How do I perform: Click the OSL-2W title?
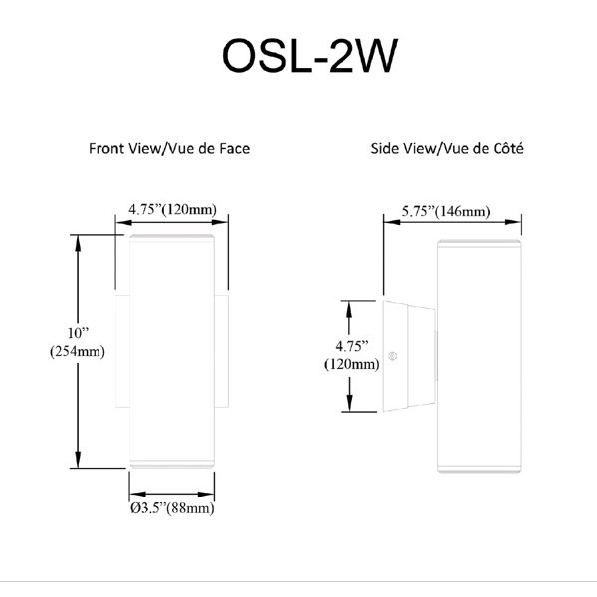pos(309,56)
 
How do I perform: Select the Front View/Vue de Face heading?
pos(169,148)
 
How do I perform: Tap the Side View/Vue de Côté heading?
pos(448,148)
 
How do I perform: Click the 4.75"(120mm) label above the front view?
pos(172,209)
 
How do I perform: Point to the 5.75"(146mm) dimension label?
pos(446,211)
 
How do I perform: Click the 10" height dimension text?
pos(78,333)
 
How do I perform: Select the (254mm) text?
pos(78,351)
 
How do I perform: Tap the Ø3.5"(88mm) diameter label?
pos(172,507)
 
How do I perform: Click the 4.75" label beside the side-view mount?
pos(352,346)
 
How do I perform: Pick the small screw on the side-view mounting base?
pos(393,356)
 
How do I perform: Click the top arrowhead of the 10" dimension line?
pos(78,243)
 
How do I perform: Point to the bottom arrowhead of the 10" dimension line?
pos(78,460)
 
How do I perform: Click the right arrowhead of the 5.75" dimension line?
pos(513,222)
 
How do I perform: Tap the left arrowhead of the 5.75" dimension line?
pos(392,222)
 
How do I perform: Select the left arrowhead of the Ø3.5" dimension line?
pos(137,494)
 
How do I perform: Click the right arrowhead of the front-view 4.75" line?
pos(220,222)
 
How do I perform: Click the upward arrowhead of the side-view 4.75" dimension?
pos(349,309)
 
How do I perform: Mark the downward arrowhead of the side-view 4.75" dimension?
pos(349,404)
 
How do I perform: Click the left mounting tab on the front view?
pos(122,350)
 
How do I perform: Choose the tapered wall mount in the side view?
pos(409,356)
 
